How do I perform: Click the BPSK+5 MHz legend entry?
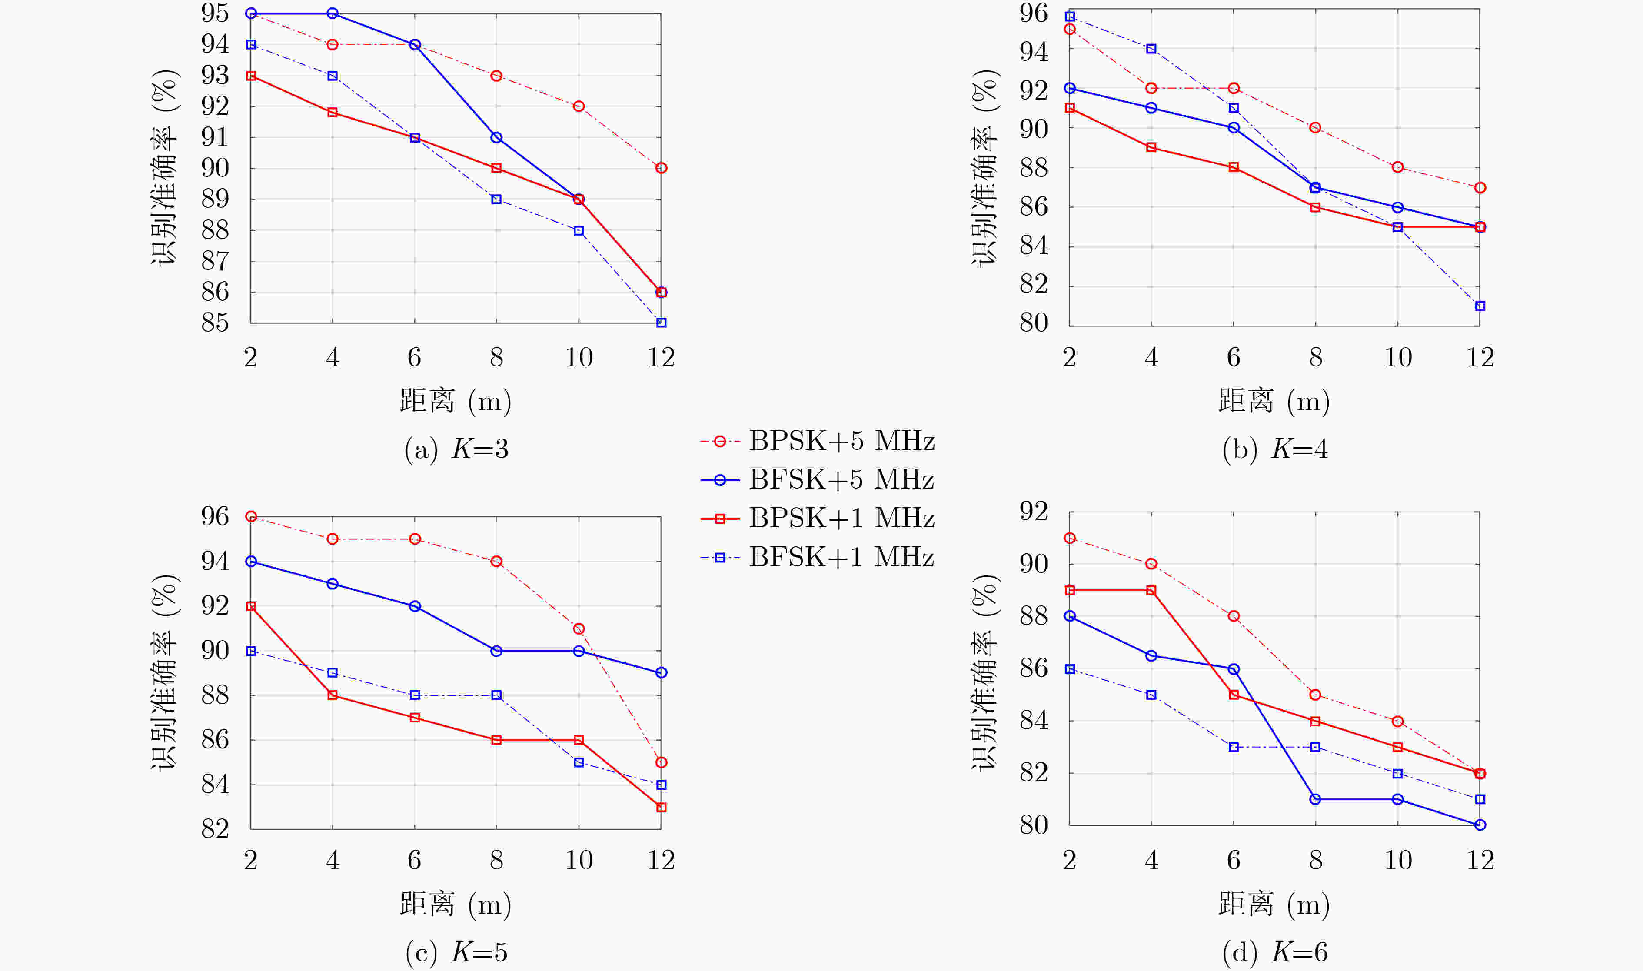click(x=817, y=441)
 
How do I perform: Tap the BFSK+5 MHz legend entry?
click(x=817, y=479)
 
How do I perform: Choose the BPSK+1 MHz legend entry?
click(x=817, y=518)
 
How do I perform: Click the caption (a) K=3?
click(x=456, y=449)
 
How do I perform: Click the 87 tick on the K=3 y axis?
click(x=215, y=261)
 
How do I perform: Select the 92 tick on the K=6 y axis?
click(x=1033, y=511)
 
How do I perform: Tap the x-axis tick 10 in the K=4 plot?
click(x=1397, y=357)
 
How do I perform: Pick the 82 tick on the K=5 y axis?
click(x=215, y=829)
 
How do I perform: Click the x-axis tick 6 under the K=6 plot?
click(x=1234, y=860)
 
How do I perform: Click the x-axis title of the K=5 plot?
click(x=456, y=904)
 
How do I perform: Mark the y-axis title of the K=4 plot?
click(x=984, y=167)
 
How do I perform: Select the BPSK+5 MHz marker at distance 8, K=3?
click(x=497, y=76)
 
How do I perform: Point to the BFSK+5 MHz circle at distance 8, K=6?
click(x=1315, y=799)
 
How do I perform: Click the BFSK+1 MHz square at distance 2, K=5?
click(x=251, y=651)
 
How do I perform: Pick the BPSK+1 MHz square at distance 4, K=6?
click(x=1151, y=590)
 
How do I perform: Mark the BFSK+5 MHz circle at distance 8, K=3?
click(x=497, y=137)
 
